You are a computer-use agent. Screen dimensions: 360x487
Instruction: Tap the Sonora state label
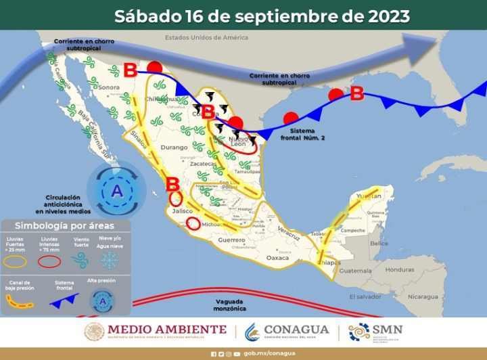click(x=109, y=87)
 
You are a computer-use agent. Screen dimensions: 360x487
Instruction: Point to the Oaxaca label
click(x=277, y=258)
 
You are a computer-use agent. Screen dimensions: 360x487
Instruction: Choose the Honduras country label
click(x=400, y=269)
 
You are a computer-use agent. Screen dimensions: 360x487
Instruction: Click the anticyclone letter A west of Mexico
click(x=117, y=192)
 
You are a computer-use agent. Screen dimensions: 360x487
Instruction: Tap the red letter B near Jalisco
click(x=172, y=183)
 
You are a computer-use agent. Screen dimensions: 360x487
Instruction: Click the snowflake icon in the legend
click(x=110, y=261)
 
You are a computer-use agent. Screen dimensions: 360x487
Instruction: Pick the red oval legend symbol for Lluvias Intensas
click(x=49, y=261)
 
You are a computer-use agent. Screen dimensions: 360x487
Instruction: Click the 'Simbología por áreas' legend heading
click(x=65, y=225)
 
